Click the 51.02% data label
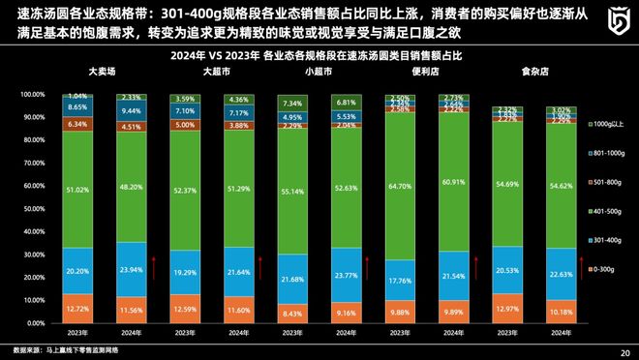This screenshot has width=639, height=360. [x=77, y=192]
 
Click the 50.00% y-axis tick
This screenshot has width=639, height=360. [x=32, y=208]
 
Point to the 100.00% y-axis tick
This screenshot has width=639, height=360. [x=32, y=95]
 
